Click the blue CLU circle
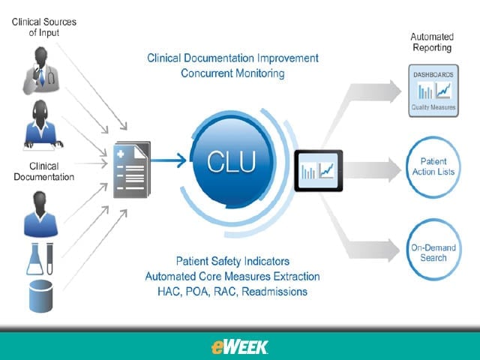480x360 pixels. pos(232,161)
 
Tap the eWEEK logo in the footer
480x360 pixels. pos(240,347)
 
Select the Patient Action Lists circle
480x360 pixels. pos(433,166)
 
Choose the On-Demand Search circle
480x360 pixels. pos(433,249)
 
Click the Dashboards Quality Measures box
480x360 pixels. pos(433,91)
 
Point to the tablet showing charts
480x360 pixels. pos(318,171)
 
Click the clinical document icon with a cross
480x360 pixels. pos(132,169)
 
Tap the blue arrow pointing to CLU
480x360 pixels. pos(168,160)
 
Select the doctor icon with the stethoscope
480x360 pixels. pos(41,70)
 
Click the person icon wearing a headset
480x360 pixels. pos(43,124)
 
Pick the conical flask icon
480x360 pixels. pos(34,259)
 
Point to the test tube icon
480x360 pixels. pos(50,259)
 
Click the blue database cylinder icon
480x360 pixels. pos(40,296)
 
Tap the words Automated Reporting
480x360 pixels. pos(432,42)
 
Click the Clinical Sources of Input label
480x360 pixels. pos(44,27)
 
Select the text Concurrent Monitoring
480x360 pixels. pos(232,73)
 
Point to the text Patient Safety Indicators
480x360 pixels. pos(232,261)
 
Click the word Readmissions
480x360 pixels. pos(274,292)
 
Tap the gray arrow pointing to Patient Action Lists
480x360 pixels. pos(372,170)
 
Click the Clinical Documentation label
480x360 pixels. pos(44,172)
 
